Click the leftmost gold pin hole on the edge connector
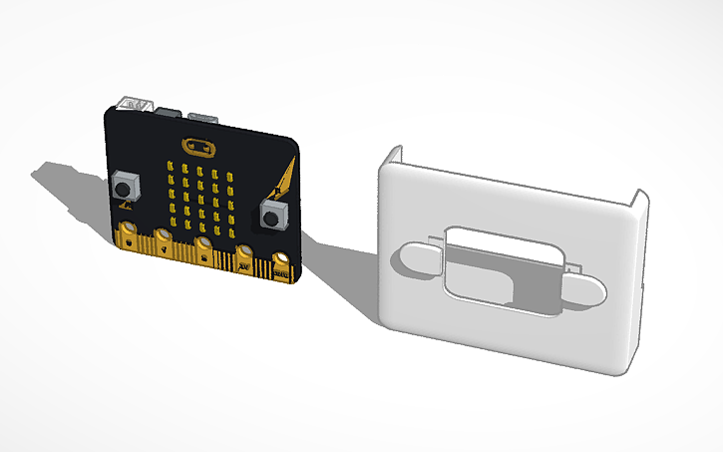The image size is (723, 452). (127, 236)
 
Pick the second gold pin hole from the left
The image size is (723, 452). (163, 239)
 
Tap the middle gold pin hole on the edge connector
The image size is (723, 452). (203, 245)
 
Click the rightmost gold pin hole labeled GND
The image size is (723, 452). (280, 262)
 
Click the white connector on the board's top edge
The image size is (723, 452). (135, 103)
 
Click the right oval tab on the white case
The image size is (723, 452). (588, 289)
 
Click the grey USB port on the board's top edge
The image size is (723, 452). (203, 114)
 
